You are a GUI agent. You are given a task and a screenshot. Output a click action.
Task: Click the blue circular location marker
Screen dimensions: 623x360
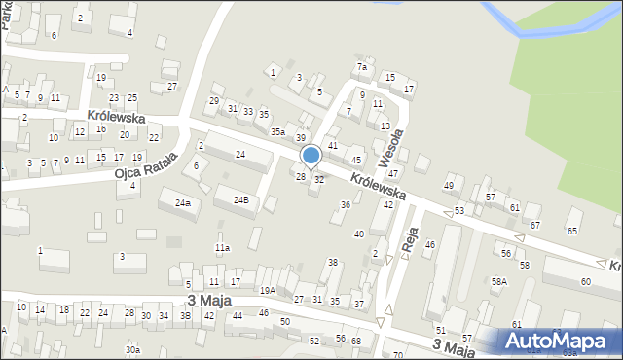pyautogui.click(x=311, y=156)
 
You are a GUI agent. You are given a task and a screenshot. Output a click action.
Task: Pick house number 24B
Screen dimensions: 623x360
pyautogui.click(x=240, y=199)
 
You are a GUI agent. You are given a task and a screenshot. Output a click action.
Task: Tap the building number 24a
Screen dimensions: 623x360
pyautogui.click(x=182, y=202)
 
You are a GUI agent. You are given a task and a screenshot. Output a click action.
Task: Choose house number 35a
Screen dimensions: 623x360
pyautogui.click(x=278, y=131)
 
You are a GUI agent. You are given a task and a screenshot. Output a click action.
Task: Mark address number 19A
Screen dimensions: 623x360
pyautogui.click(x=267, y=290)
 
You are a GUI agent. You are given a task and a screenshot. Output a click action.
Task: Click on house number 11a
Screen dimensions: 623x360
pyautogui.click(x=222, y=248)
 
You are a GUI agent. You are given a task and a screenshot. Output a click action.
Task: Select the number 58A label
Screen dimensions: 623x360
pyautogui.click(x=499, y=281)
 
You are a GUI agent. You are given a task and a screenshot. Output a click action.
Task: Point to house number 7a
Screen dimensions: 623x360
pyautogui.click(x=361, y=67)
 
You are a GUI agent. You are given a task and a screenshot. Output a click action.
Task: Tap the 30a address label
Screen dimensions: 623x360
pyautogui.click(x=132, y=349)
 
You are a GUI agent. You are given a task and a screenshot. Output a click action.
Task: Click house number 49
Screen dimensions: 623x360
pyautogui.click(x=449, y=185)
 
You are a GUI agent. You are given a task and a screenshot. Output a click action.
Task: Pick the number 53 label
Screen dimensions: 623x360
pyautogui.click(x=459, y=210)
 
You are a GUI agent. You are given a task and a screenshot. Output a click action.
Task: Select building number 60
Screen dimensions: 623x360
pyautogui.click(x=585, y=281)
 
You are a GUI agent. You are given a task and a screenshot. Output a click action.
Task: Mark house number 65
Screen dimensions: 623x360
pyautogui.click(x=571, y=231)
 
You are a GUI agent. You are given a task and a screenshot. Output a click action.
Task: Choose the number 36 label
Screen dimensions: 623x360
pyautogui.click(x=345, y=204)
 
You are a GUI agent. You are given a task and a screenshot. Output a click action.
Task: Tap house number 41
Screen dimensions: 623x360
pyautogui.click(x=333, y=145)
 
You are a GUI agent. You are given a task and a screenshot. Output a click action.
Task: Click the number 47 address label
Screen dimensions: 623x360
pyautogui.click(x=393, y=172)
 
